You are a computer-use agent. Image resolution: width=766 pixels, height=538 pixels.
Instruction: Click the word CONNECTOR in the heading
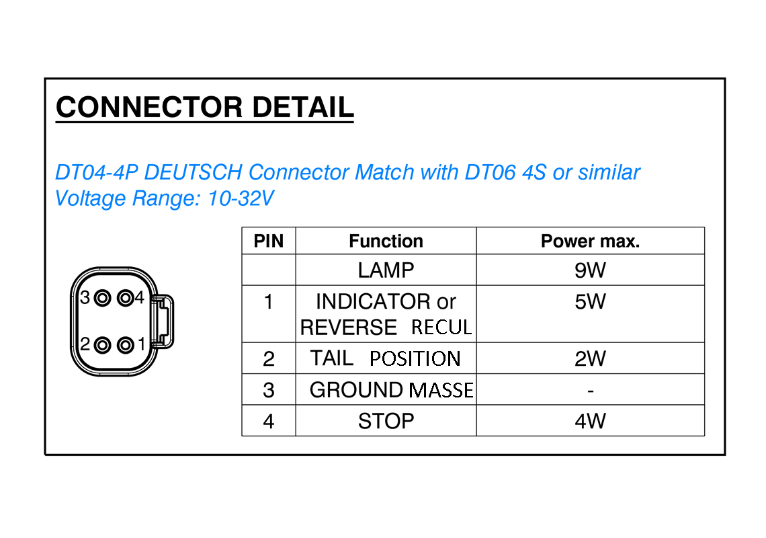148,108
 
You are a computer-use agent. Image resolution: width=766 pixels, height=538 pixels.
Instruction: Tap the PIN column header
268,241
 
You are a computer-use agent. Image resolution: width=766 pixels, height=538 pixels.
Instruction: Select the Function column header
386,241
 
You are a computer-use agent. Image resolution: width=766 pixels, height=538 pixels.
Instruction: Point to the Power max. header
590,241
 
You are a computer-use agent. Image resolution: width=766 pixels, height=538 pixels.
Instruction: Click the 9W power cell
590,270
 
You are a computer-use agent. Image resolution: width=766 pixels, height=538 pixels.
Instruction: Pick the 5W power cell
590,302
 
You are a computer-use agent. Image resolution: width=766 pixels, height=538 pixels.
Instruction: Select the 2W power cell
590,359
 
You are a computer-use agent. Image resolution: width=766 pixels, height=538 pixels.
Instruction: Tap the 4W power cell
590,422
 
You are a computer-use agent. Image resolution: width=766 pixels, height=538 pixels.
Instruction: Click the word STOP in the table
386,422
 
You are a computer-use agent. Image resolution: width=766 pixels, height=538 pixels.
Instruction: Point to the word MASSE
441,391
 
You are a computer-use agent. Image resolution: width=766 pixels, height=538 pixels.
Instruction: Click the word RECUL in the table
441,328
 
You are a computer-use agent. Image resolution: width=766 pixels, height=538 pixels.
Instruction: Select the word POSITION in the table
415,359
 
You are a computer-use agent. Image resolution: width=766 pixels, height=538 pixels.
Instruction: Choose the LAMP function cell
386,270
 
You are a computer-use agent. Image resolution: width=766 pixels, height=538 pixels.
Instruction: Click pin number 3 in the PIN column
268,391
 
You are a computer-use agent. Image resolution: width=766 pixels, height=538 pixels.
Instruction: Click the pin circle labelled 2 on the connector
102,346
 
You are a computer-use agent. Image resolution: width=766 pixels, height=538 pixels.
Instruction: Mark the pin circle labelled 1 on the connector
124,346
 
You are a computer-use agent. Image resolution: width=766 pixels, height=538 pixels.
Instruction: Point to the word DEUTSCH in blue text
193,173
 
